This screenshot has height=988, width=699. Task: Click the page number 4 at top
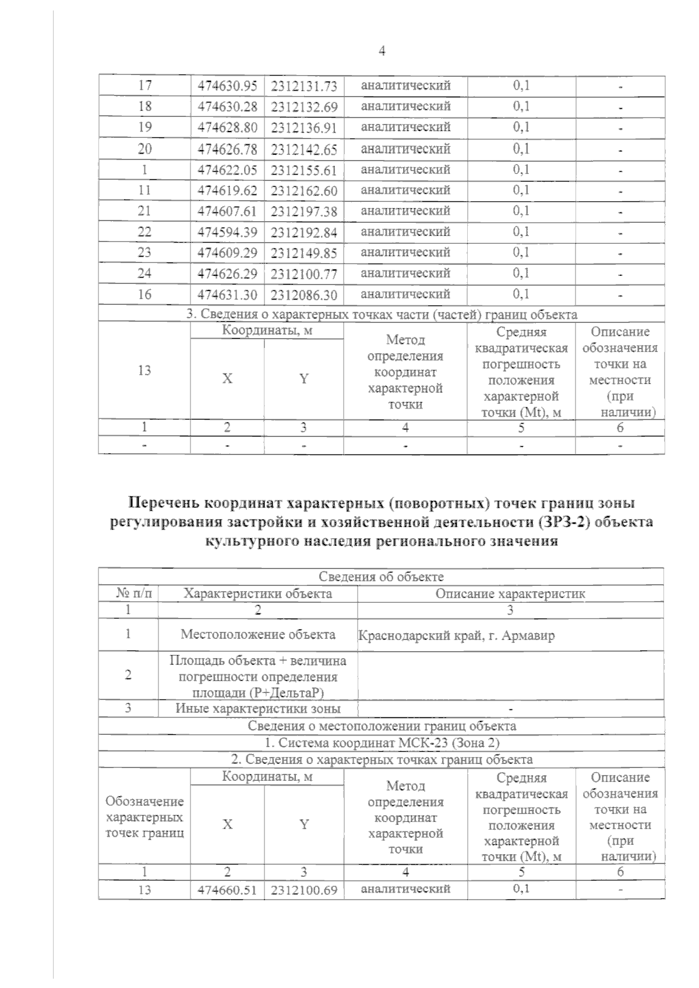[x=382, y=51]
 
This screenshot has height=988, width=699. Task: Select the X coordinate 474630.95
[x=227, y=86]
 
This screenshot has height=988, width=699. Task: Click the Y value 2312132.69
[x=304, y=107]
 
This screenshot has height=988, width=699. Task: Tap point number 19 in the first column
[x=144, y=127]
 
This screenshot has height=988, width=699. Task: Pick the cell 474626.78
[x=227, y=149]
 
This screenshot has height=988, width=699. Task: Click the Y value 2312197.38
[x=304, y=212]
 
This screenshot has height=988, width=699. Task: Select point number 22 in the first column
[x=144, y=232]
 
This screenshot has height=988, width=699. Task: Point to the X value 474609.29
[x=227, y=253]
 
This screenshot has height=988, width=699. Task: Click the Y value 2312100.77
[x=304, y=274]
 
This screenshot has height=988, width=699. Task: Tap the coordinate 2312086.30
[x=304, y=295]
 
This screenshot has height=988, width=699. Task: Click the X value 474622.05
[x=227, y=170]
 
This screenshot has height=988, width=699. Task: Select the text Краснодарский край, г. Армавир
[x=456, y=635]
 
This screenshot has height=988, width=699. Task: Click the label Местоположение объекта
[x=257, y=634]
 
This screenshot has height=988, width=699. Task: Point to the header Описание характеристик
[x=510, y=593]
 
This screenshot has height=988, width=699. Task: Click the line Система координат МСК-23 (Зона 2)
[x=382, y=743]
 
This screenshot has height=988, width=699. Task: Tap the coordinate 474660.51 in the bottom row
[x=227, y=890]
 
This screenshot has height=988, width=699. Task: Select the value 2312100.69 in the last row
[x=304, y=890]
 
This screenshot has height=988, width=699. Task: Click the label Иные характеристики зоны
[x=257, y=709]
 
